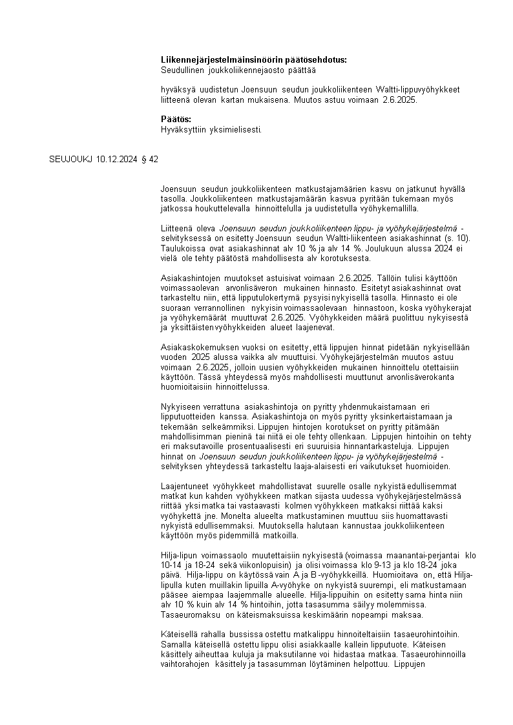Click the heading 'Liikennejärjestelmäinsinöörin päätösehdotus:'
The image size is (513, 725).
(253, 59)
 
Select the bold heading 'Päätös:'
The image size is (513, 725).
(176, 120)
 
